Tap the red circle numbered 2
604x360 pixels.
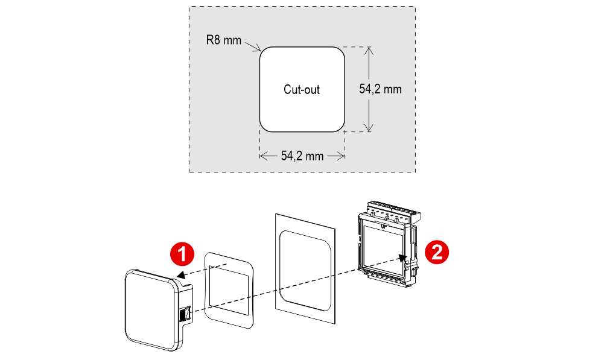tap(436, 252)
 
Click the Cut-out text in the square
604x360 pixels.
tap(302, 89)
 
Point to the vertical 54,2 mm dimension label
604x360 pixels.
tap(380, 89)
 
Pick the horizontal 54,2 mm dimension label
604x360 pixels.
tap(302, 156)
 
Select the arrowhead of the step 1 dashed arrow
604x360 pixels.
tap(179, 275)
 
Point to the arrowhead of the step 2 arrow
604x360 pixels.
tap(401, 256)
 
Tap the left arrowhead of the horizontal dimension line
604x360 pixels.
tap(263, 156)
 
